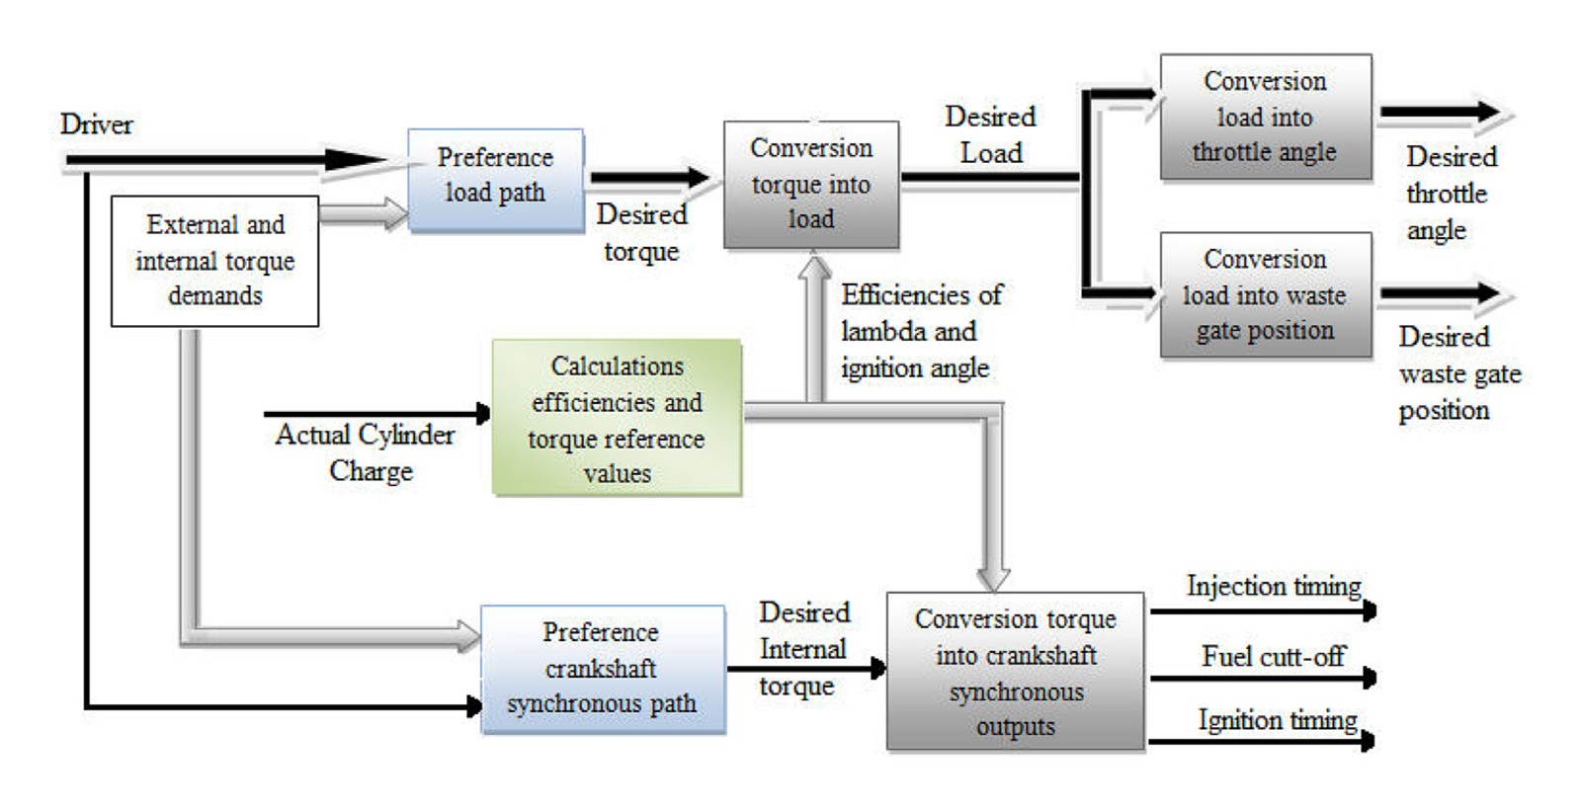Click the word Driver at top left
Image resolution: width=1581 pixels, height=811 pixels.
96,124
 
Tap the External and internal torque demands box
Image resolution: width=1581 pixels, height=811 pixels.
214,261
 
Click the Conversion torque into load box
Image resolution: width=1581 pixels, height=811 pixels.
811,185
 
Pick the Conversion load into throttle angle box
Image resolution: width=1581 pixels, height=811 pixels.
1265,117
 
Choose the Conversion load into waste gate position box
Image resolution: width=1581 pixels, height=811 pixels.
1265,294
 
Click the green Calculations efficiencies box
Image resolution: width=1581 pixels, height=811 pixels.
617,418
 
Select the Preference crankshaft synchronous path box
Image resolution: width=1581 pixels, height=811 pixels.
602,669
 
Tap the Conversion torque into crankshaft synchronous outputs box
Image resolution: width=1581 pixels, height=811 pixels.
1015,672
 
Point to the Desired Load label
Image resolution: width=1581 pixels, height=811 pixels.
990,134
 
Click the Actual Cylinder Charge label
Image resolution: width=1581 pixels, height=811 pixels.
367,452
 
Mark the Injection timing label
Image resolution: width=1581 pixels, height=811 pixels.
1273,586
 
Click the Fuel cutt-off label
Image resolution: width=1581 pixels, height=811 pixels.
1273,656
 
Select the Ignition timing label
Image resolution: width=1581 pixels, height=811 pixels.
1277,720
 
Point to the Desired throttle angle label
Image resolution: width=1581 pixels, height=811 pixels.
1449,193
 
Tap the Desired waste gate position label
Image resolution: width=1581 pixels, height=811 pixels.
1456,373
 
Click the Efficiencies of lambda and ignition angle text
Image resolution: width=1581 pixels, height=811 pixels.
919,331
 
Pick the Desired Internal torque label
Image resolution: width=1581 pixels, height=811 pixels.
802,649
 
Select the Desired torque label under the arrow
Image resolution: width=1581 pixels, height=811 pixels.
641,232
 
